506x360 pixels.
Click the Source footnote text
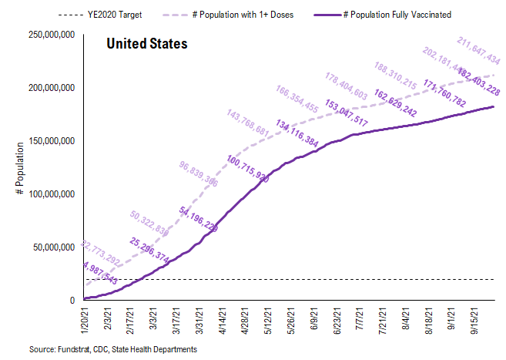pyautogui.click(x=113, y=350)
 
